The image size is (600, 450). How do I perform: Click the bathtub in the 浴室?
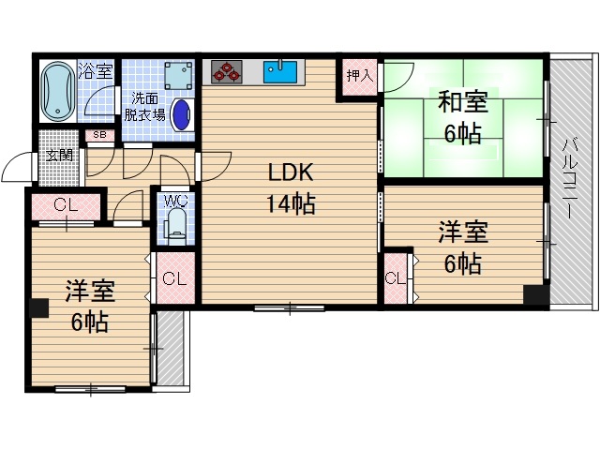tap(58, 92)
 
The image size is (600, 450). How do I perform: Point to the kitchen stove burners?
tap(226, 70)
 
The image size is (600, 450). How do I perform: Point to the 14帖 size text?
tap(290, 203)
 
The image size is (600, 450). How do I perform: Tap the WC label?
tap(175, 201)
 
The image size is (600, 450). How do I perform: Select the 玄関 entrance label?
tap(60, 156)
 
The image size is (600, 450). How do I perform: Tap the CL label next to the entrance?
tap(65, 205)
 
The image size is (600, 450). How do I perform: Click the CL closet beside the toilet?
tap(173, 278)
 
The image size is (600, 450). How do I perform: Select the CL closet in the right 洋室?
tap(396, 277)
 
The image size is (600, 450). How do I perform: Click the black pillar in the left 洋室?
tap(38, 308)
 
